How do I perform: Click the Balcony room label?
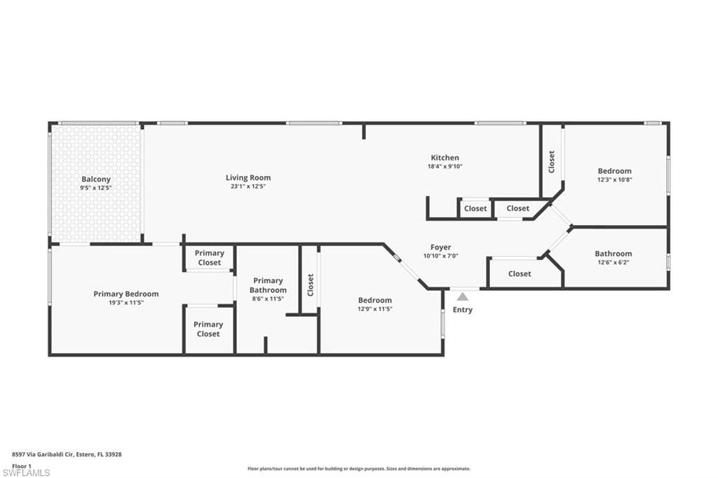click(96, 179)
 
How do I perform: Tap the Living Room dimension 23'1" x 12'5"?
click(248, 186)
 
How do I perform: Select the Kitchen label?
click(445, 158)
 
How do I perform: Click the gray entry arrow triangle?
click(463, 296)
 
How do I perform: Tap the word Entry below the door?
click(463, 310)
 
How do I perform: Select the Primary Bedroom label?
click(126, 294)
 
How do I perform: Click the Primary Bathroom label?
click(268, 285)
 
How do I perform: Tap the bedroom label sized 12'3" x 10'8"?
click(614, 171)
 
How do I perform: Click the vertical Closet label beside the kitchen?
click(552, 162)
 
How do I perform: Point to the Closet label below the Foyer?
click(520, 273)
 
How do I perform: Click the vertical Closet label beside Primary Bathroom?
click(310, 285)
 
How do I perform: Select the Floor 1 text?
click(22, 465)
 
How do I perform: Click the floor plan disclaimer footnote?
click(358, 469)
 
